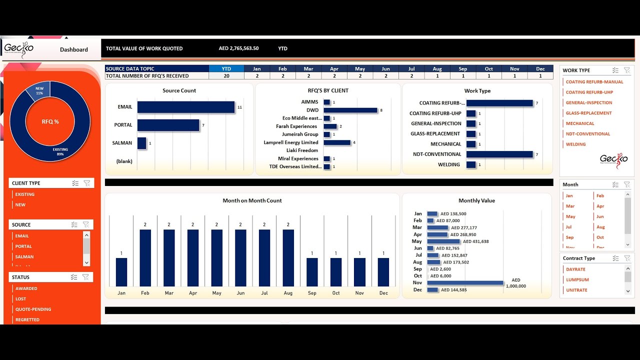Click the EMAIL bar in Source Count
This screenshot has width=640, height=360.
pyautogui.click(x=185, y=107)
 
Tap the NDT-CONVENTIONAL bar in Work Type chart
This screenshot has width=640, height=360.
pyautogui.click(x=499, y=154)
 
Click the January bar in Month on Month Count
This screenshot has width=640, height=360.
pyautogui.click(x=121, y=272)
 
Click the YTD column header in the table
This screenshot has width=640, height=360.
pyautogui.click(x=226, y=68)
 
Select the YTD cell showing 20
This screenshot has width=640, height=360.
pyautogui.click(x=226, y=76)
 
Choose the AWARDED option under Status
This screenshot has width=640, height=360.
pyautogui.click(x=26, y=288)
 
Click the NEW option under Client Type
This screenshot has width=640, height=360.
pyautogui.click(x=20, y=204)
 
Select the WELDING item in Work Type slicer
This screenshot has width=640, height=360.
pyautogui.click(x=575, y=144)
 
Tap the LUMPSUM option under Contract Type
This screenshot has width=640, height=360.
pyautogui.click(x=577, y=280)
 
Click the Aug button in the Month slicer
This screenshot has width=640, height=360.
pyautogui.click(x=600, y=227)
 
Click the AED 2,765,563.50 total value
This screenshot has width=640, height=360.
pyautogui.click(x=238, y=48)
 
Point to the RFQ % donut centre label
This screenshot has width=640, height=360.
pyautogui.click(x=50, y=121)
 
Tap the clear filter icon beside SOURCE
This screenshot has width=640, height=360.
pyautogui.click(x=86, y=224)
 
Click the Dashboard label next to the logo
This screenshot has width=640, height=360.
pyautogui.click(x=74, y=49)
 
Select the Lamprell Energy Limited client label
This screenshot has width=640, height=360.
pyautogui.click(x=291, y=142)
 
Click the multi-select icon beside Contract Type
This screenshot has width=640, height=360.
pyautogui.click(x=615, y=258)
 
